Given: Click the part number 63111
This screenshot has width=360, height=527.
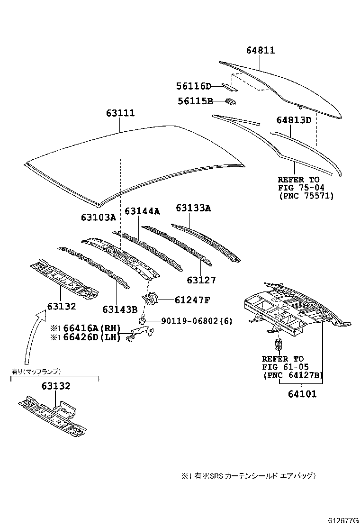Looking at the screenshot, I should tap(120, 113).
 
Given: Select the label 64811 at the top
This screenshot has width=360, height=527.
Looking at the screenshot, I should tap(261, 50).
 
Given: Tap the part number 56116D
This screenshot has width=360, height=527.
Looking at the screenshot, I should tap(193, 86).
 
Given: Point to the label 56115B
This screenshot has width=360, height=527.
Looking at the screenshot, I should tap(195, 101).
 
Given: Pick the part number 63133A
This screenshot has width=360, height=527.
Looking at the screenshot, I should tap(194, 208).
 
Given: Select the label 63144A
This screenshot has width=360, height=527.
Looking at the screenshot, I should tap(142, 210).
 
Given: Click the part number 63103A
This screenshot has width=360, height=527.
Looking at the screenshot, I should tap(98, 218).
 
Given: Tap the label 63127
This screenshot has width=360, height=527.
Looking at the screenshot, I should tap(201, 280).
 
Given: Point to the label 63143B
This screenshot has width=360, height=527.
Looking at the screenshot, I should tap(120, 309).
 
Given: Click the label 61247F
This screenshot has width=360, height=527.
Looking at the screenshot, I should tap(186, 300).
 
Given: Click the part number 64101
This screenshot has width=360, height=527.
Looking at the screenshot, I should tap(301, 393).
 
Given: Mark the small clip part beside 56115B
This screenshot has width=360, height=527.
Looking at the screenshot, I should tap(231, 101).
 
